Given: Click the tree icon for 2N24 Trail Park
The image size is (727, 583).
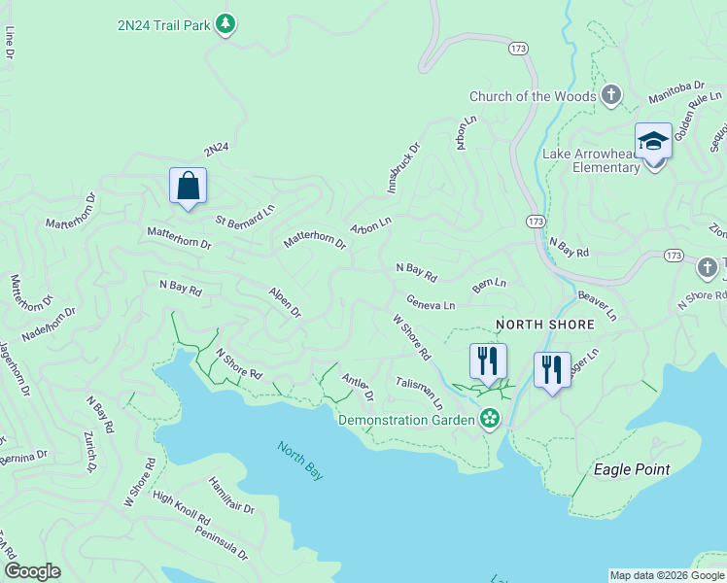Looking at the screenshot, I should tap(225, 22).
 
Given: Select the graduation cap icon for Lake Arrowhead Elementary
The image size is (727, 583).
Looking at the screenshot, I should tap(653, 141).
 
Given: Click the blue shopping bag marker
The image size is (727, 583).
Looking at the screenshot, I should tap(188, 185).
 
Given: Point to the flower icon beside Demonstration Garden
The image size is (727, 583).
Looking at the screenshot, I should tap(491, 420).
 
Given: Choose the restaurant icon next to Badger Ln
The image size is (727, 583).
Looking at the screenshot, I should tap(552, 369).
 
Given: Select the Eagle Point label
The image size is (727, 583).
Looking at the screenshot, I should tap(632, 469).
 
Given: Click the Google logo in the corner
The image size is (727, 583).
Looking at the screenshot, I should tap(33, 571).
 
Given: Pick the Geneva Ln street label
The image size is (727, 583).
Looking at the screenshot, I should tap(431, 303).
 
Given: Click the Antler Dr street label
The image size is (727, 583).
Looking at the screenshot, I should tap(358, 389).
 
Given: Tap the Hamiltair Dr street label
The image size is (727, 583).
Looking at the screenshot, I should tap(230, 496).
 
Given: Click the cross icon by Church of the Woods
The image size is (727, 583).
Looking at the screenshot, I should tap(610, 94).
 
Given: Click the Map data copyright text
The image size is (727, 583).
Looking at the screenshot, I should tap(667, 575).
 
